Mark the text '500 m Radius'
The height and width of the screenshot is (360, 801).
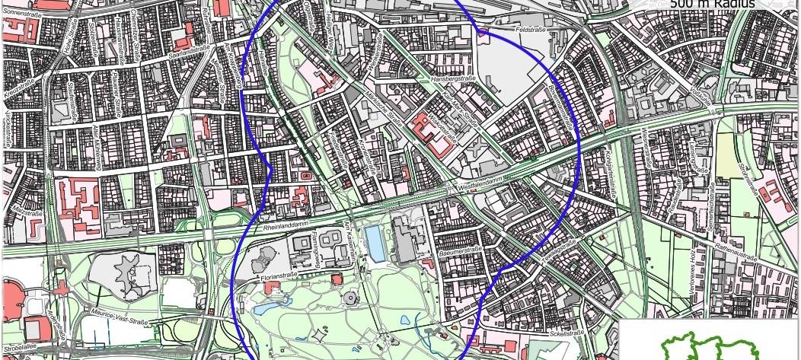coord(713,5)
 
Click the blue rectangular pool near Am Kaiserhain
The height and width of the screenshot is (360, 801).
coord(375,242)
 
